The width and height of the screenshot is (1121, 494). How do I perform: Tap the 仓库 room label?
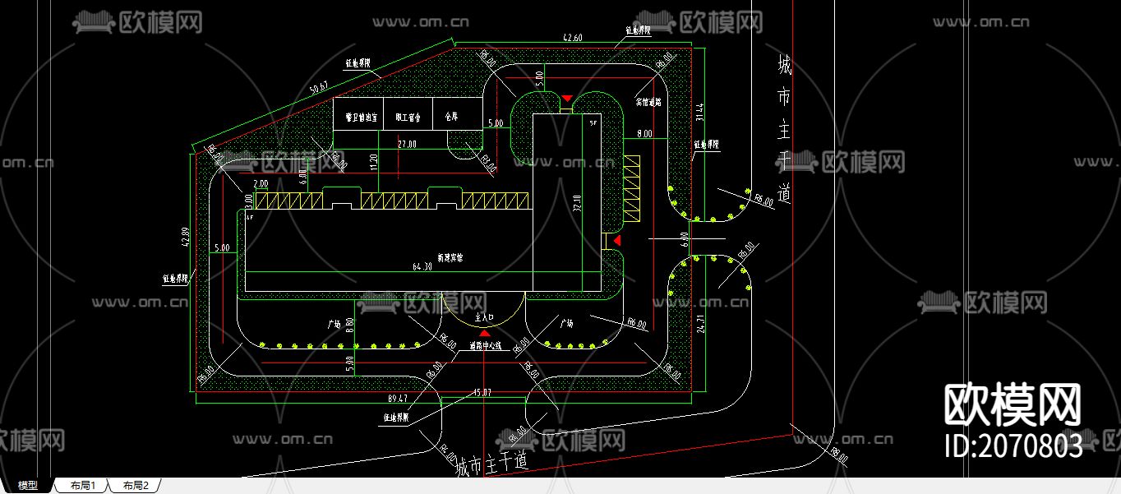[x=450, y=118]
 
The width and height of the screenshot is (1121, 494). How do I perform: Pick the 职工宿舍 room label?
[x=407, y=118]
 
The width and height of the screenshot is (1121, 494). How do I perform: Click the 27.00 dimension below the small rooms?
[x=407, y=143]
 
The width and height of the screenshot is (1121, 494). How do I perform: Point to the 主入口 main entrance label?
[x=484, y=316]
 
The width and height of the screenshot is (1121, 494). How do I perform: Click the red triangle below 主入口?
[x=484, y=333]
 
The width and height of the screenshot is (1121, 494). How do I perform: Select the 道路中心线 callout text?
[x=485, y=345]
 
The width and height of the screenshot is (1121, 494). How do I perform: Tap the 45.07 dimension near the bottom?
[x=482, y=393]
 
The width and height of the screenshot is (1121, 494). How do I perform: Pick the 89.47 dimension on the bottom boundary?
[x=397, y=398]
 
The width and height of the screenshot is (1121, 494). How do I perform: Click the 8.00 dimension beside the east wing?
[x=644, y=133]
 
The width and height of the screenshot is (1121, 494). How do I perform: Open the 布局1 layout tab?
[x=83, y=486]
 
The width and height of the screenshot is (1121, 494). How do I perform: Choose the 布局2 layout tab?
[x=136, y=486]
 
